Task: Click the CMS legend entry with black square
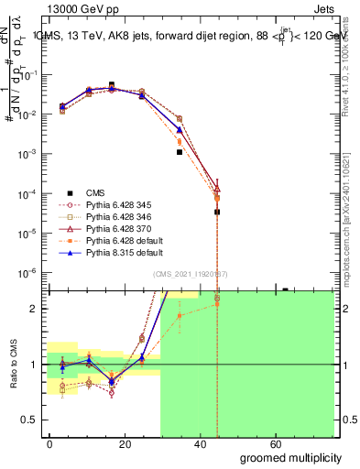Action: tap(96, 192)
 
